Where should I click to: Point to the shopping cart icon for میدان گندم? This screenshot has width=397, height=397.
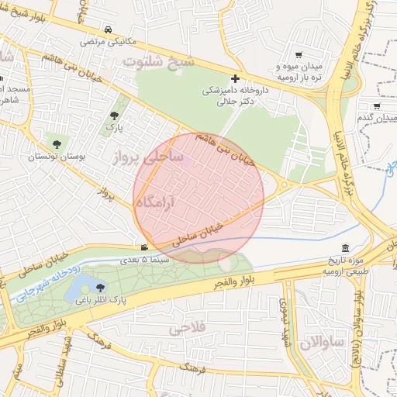click(377, 106)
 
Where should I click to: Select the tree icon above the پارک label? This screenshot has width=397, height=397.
click(114, 116)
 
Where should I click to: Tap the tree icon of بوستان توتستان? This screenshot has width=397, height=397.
click(55, 143)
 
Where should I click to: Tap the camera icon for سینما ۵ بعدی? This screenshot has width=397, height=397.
click(143, 248)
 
